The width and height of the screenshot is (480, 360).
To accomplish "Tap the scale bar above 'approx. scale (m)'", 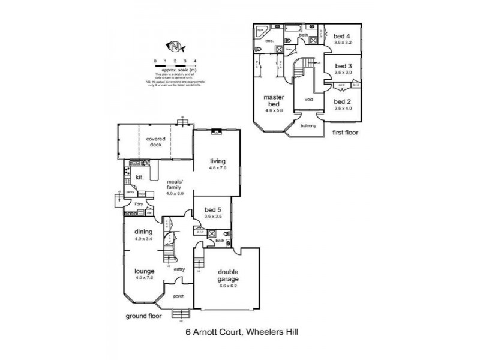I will pyautogui.click(x=175, y=65).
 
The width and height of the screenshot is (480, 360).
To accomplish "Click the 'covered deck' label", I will pyautogui.click(x=155, y=142).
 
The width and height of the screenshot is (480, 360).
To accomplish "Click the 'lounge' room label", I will pyautogui.click(x=143, y=271).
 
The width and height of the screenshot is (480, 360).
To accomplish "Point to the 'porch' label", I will pyautogui.click(x=178, y=296).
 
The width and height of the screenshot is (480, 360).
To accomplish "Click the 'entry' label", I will pyautogui.click(x=179, y=269).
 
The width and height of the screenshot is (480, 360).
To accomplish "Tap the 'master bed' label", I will pyautogui.click(x=277, y=101).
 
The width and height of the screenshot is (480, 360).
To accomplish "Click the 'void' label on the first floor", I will pyautogui.click(x=309, y=99).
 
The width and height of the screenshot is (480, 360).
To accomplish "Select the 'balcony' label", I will pyautogui.click(x=308, y=125).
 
